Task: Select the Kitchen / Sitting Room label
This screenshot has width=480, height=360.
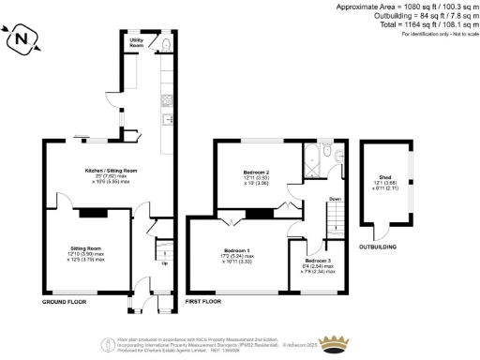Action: click(x=112, y=171)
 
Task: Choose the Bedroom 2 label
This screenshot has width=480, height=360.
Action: click(x=256, y=173)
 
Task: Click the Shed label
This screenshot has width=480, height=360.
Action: click(x=384, y=178)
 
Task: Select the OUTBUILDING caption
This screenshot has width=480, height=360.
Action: click(x=378, y=247)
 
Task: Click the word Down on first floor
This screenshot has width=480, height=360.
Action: click(x=335, y=199)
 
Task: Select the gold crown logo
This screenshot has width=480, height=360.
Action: click(x=335, y=342)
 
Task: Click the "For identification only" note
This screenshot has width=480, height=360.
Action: click(x=439, y=34)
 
